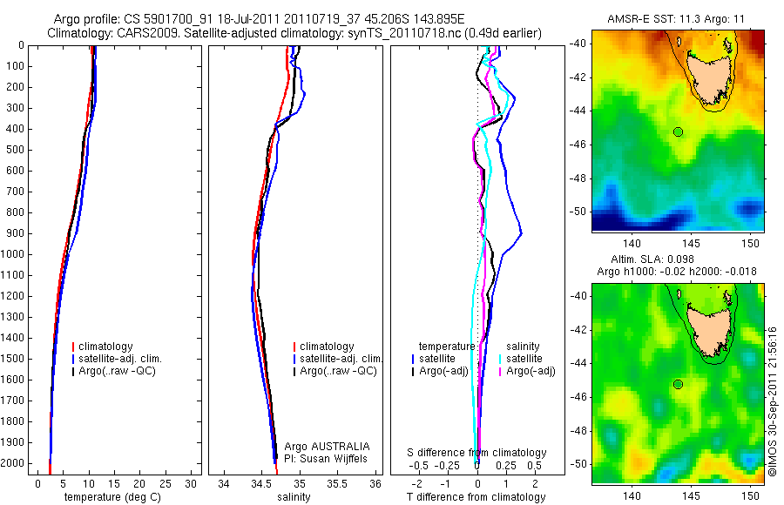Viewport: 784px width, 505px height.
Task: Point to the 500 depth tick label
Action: click(x=14, y=150)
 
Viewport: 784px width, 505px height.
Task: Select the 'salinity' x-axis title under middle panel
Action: click(x=294, y=497)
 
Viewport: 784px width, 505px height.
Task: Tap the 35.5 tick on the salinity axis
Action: click(x=338, y=483)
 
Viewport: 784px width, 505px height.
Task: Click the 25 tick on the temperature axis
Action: click(x=166, y=483)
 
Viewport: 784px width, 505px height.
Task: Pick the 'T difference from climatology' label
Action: click(x=477, y=497)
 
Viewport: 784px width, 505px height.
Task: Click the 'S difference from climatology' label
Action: click(x=477, y=453)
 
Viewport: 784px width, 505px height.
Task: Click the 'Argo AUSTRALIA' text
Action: click(x=321, y=446)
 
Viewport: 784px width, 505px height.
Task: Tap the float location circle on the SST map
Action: click(x=678, y=131)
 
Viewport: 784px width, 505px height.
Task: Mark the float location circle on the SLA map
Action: click(x=678, y=384)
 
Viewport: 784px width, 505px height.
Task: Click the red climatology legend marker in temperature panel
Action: click(x=73, y=347)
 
